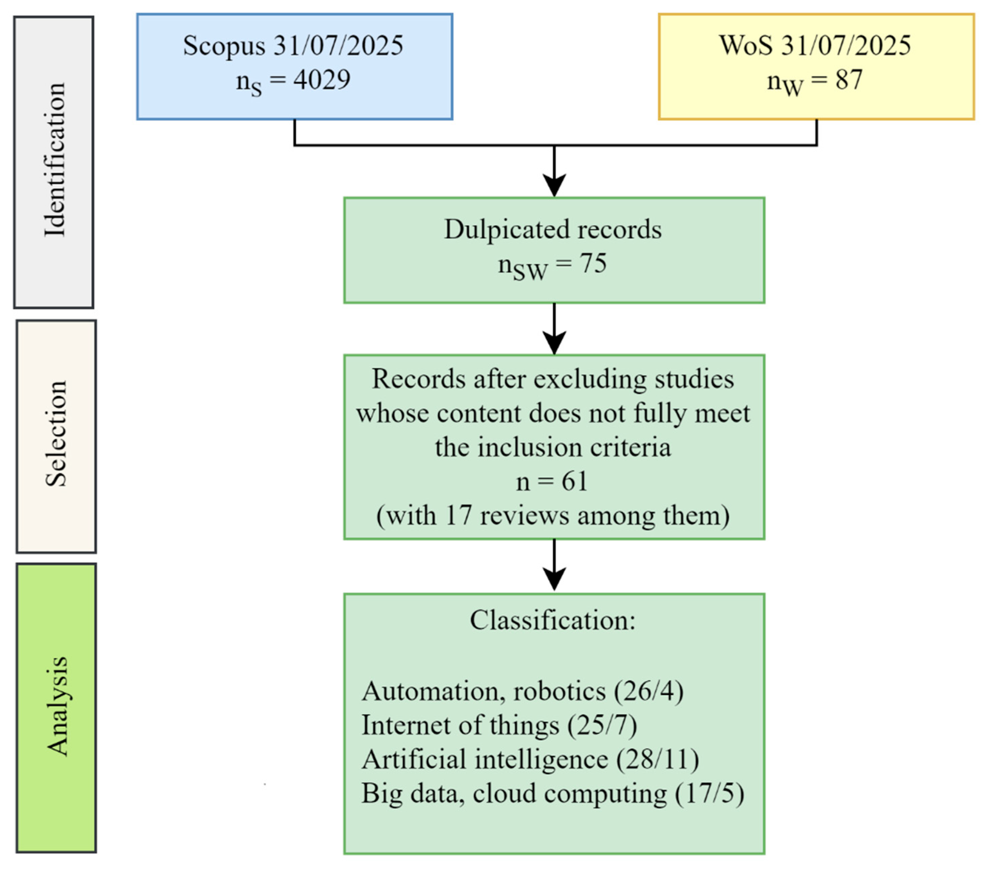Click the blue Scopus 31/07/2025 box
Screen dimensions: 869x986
tap(294, 67)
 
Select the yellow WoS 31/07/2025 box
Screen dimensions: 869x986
tap(816, 67)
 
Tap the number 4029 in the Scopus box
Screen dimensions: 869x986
tap(322, 80)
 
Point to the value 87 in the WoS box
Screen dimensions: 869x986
tap(849, 80)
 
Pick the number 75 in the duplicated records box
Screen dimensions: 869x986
tap(593, 264)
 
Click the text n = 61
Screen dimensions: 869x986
tap(552, 481)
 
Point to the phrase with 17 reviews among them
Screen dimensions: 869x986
tap(553, 515)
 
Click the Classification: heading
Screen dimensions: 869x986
tap(553, 620)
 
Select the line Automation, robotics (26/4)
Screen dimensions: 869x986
tap(522, 691)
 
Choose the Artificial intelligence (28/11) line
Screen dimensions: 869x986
tap(530, 759)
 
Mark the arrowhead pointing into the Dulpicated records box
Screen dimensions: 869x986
tap(554, 186)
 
